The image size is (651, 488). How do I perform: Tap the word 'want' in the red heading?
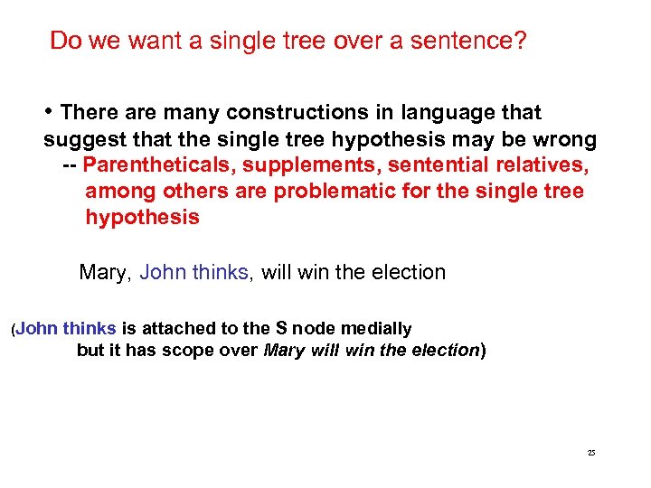click(147, 42)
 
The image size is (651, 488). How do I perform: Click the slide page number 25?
click(591, 452)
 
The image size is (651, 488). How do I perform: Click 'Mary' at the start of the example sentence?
click(106, 272)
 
